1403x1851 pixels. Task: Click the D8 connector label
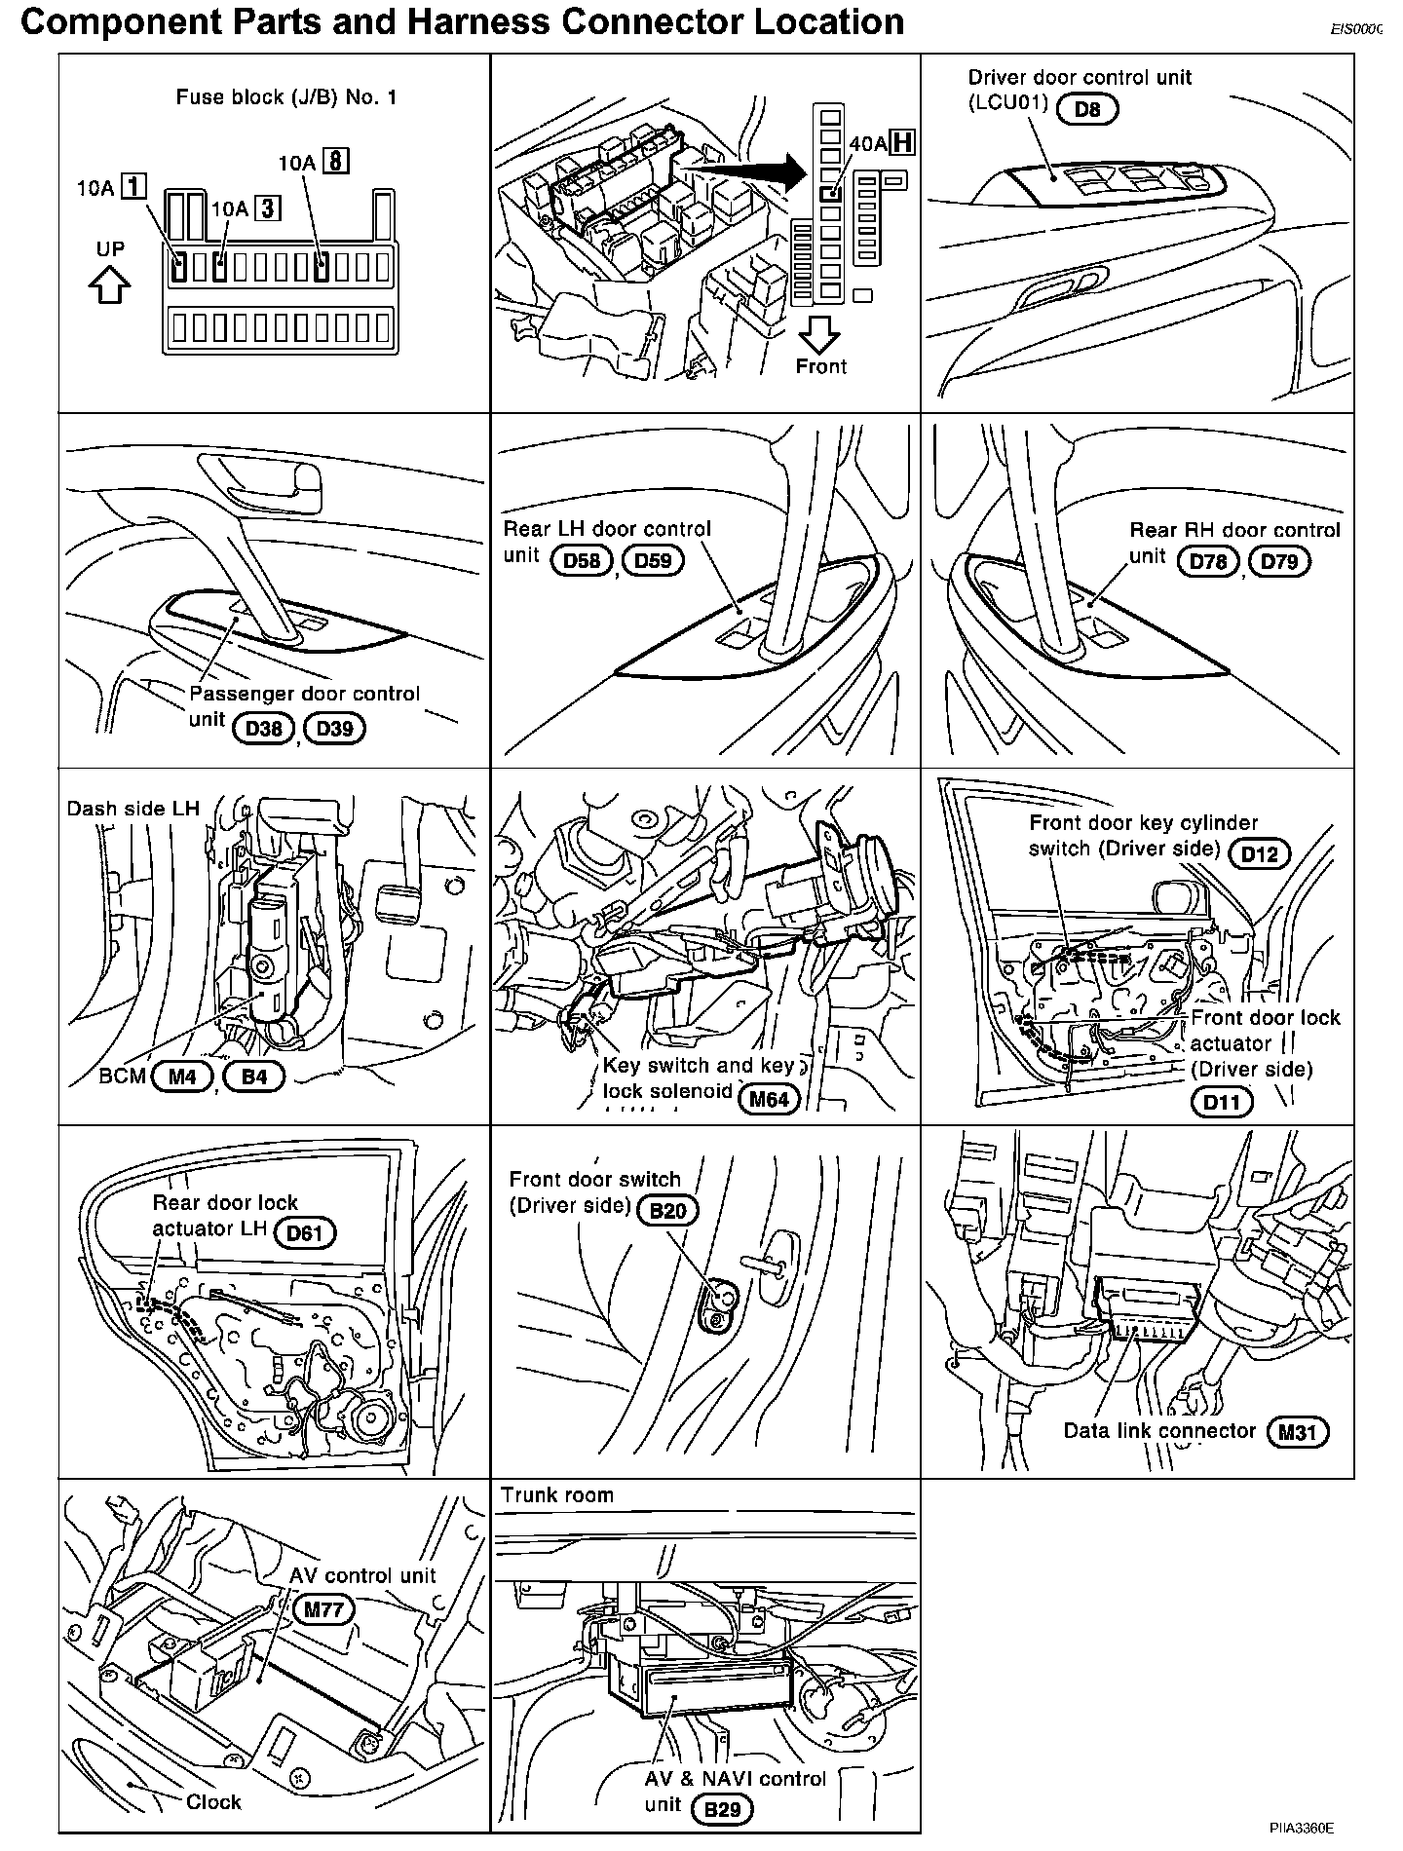[1087, 109]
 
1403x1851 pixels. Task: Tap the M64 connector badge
[769, 1100]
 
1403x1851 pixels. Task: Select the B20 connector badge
[668, 1211]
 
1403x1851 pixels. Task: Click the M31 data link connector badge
[1298, 1431]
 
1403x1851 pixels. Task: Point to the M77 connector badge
[323, 1609]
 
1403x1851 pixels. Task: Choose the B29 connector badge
[722, 1809]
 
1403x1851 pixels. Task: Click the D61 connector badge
[305, 1233]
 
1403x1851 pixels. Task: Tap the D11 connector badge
[1222, 1102]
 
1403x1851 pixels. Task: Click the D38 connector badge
[263, 728]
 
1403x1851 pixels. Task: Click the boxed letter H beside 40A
[903, 142]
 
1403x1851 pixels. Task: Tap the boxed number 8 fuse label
[336, 161]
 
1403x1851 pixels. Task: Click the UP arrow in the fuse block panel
[109, 285]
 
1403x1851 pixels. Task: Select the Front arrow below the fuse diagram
[820, 336]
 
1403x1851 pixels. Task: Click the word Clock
[213, 1801]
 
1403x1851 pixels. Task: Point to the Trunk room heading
[557, 1495]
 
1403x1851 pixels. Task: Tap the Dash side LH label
[133, 809]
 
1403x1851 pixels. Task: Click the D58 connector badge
[582, 560]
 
